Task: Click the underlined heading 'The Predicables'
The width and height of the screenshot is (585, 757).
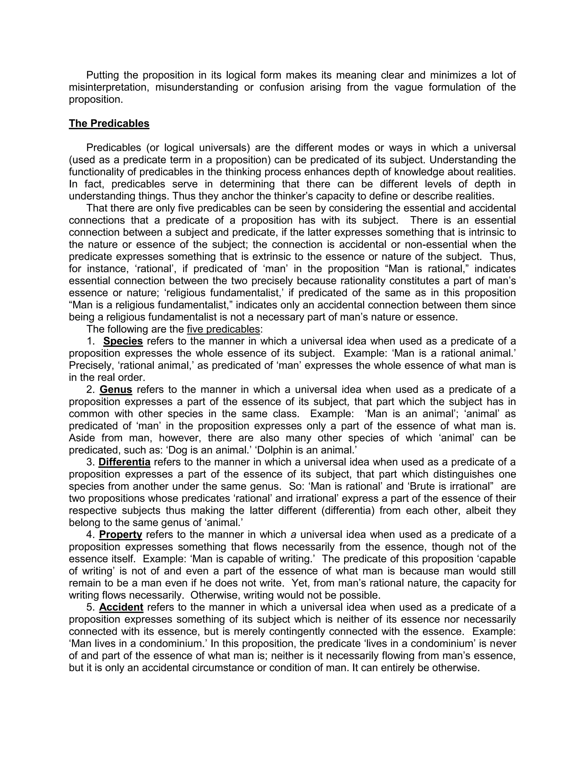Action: (109, 123)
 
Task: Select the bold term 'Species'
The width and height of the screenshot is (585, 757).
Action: (123, 341)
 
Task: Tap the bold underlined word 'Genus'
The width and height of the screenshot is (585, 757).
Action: (116, 390)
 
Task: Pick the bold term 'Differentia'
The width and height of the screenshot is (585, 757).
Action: (125, 462)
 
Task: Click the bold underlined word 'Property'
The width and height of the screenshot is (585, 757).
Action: (121, 534)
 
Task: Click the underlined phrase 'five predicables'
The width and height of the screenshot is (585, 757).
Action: (223, 329)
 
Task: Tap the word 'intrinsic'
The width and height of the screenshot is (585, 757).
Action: (481, 232)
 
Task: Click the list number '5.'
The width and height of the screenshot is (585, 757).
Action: (91, 607)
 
